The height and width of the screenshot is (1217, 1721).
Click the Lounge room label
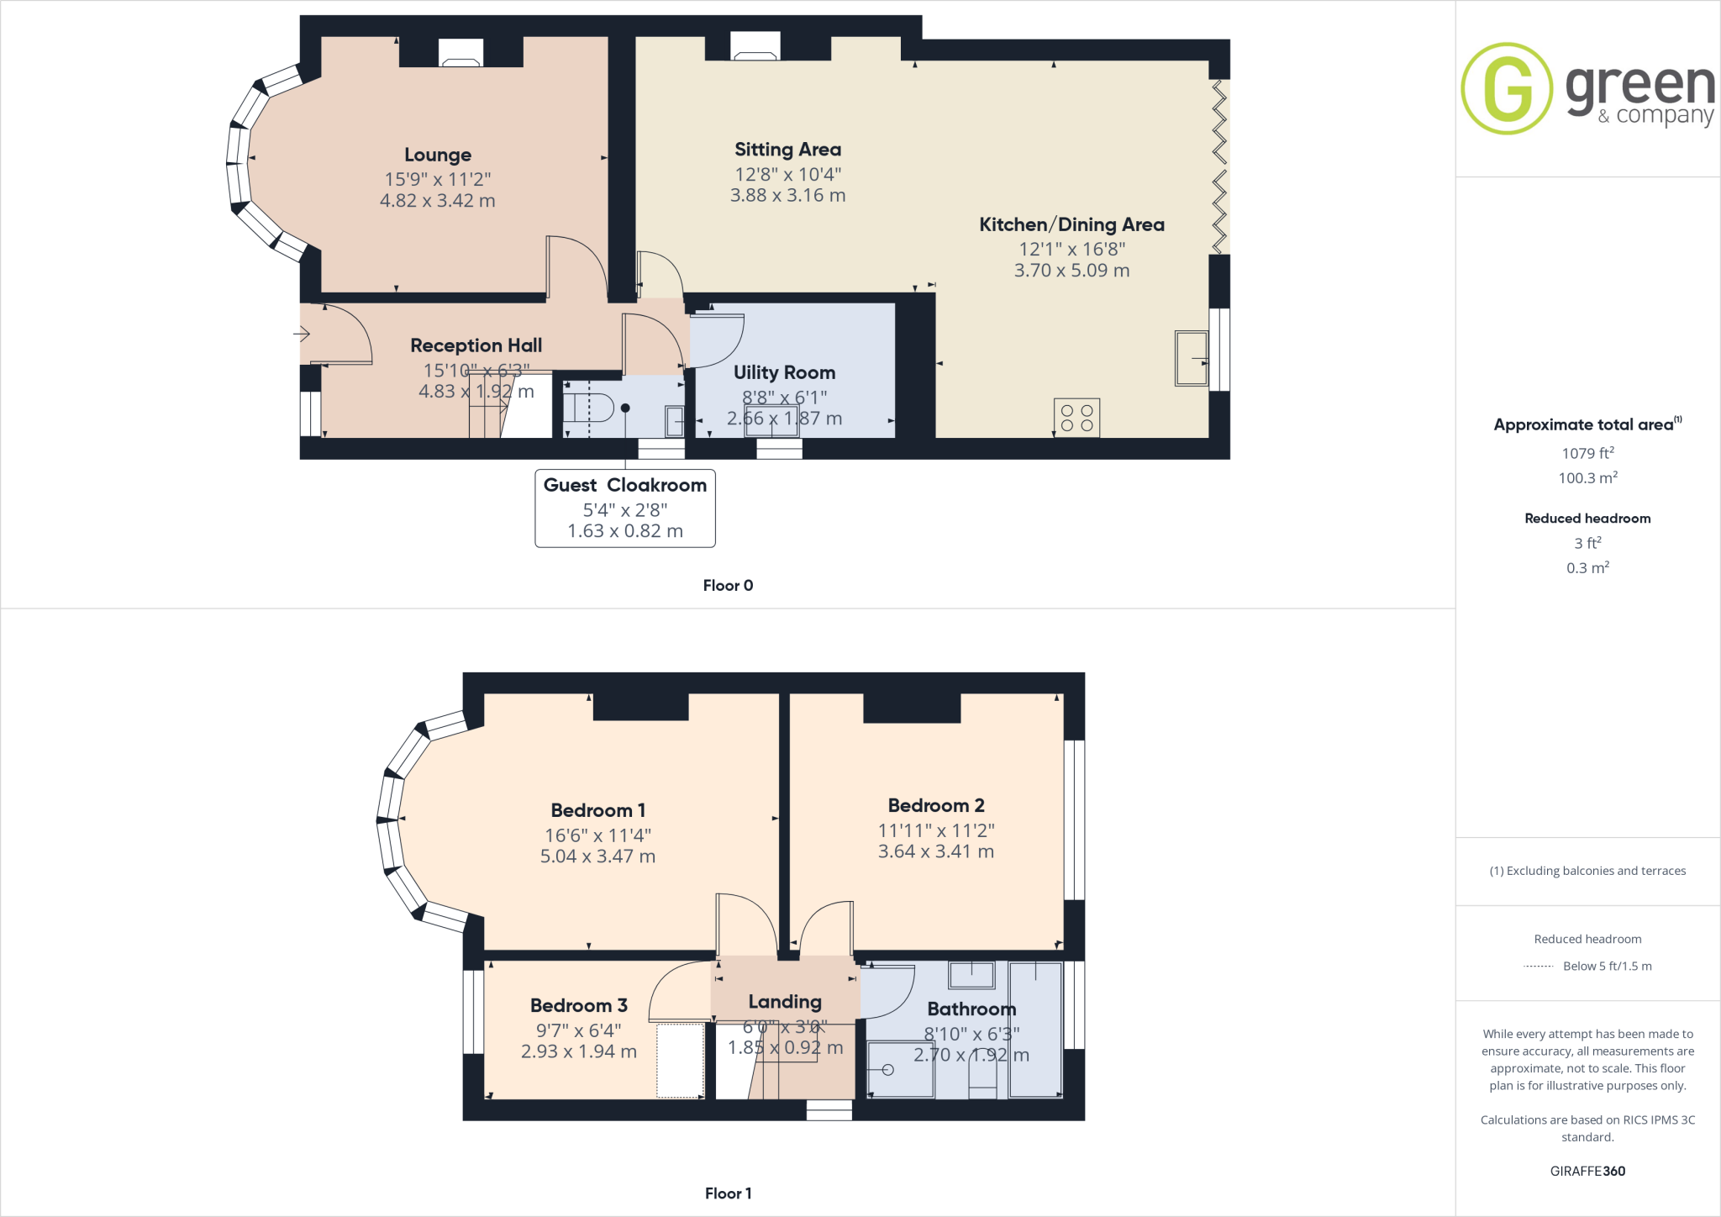pos(437,155)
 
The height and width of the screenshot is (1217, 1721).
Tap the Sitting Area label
pos(787,150)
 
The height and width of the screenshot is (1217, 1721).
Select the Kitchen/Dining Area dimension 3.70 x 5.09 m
pos(1071,271)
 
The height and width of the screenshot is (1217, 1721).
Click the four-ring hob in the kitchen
pos(1076,418)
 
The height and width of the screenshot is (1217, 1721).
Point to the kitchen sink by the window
pos(1191,358)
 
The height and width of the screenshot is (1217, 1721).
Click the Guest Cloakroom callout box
pos(625,508)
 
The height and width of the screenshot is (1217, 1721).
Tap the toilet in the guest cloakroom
pos(587,408)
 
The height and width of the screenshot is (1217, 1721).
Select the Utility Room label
pos(784,372)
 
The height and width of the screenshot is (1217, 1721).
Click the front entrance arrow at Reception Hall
pos(302,335)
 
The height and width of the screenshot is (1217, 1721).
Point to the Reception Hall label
pos(476,345)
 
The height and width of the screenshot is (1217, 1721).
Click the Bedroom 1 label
pos(597,810)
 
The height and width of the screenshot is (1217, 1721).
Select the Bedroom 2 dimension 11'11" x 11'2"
pos(936,830)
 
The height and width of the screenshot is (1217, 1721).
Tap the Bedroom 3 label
pos(579,1005)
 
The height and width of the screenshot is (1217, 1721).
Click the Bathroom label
pos(971,1009)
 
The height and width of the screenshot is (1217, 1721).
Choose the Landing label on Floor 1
pos(785,1002)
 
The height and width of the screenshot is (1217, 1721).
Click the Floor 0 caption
pos(728,586)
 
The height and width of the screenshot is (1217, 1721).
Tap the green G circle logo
pos(1507,89)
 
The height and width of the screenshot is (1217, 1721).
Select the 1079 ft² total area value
pos(1587,454)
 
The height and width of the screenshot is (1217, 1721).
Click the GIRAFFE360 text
pos(1587,1171)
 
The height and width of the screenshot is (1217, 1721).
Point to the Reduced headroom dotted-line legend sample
pos(1538,967)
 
